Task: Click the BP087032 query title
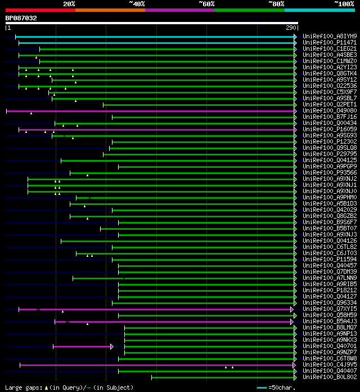21,18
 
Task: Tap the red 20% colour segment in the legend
40,10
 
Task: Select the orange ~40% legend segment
110,10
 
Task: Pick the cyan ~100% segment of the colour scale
319,10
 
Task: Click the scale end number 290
291,28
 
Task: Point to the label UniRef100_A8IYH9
322,36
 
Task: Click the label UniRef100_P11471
322,42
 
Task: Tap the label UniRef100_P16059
322,130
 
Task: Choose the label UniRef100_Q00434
322,123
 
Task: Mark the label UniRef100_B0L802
322,377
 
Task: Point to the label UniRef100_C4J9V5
322,365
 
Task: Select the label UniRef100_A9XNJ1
322,185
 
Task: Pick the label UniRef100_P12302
322,142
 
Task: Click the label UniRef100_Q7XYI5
322,309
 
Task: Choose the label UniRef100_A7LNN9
322,278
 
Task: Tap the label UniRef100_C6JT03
322,253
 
